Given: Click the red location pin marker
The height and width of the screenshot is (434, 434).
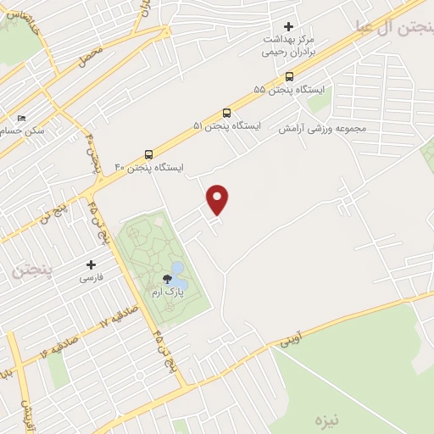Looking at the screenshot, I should [x=218, y=198].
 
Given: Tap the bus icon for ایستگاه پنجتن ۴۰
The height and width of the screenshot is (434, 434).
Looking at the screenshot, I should [x=149, y=154].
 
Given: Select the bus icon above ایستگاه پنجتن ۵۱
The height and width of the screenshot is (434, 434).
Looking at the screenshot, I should [x=226, y=113].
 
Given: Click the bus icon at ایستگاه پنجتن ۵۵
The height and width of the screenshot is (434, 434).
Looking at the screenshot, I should [x=289, y=75].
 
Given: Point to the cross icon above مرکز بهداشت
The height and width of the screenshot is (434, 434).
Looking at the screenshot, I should [x=288, y=27].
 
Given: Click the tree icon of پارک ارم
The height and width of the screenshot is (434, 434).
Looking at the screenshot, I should [x=167, y=279].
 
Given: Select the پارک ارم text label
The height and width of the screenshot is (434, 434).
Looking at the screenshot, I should [x=166, y=292].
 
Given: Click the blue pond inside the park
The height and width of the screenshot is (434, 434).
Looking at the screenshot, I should [x=178, y=269].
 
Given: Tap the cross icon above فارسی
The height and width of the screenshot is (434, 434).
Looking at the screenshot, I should [x=91, y=264].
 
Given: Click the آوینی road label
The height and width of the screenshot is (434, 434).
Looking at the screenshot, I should [x=290, y=342].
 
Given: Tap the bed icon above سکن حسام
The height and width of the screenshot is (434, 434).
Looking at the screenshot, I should [x=21, y=119].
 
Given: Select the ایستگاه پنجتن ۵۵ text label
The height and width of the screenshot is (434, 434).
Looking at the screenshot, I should [x=283, y=89].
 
